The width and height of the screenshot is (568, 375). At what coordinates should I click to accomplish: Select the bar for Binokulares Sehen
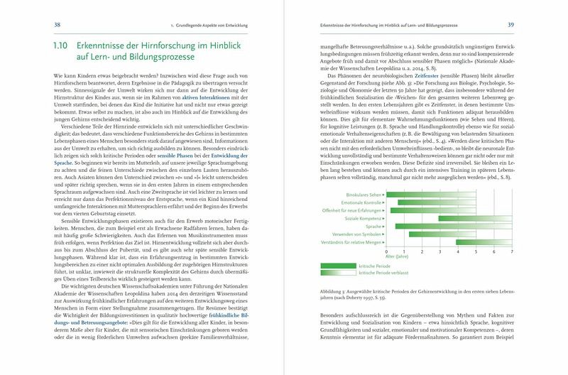point(419,193)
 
